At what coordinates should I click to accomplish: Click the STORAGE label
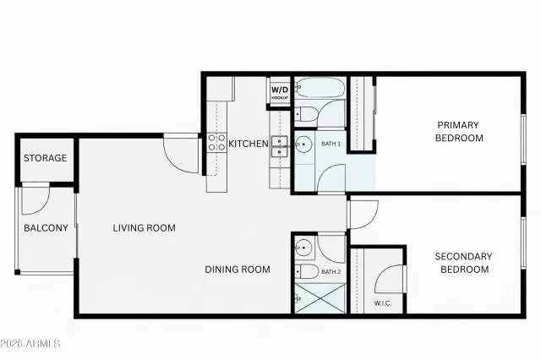[45, 158]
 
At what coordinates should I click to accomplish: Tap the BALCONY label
[46, 228]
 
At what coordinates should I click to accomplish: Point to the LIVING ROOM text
[145, 227]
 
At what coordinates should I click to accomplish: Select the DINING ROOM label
[238, 270]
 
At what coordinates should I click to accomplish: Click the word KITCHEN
[249, 145]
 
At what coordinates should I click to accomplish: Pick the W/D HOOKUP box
[280, 92]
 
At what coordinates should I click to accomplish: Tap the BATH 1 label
[331, 145]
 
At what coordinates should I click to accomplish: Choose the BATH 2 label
[331, 271]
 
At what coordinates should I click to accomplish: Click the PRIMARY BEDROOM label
[459, 132]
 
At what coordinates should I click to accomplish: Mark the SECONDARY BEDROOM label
[462, 263]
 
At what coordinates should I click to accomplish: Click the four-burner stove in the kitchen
[216, 143]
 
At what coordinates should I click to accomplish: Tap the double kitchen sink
[281, 145]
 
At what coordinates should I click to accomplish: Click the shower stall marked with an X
[319, 299]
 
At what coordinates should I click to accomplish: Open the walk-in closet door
[391, 279]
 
